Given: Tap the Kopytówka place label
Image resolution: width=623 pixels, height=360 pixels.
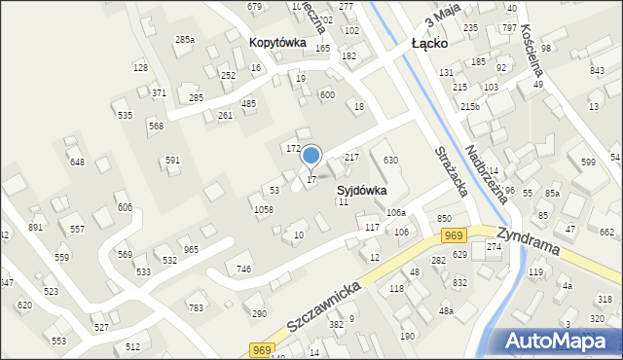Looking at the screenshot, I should click(x=277, y=43).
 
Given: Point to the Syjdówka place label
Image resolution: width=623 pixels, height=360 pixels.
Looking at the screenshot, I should click(x=362, y=191).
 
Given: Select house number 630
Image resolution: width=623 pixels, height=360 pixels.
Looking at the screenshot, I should click(x=390, y=160).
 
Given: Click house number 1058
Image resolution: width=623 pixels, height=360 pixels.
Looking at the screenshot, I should click(x=263, y=210).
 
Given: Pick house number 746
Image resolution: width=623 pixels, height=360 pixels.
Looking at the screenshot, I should click(x=244, y=269).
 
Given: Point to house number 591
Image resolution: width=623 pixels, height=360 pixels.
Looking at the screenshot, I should click(x=172, y=160).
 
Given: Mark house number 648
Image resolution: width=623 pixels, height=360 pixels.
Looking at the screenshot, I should click(x=77, y=162).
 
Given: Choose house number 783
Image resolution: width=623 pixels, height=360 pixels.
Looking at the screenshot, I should click(x=196, y=307).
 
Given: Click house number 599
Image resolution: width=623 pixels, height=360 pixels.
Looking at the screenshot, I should click(x=588, y=162).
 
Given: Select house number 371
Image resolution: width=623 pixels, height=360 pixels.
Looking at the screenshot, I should click(x=158, y=92).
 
